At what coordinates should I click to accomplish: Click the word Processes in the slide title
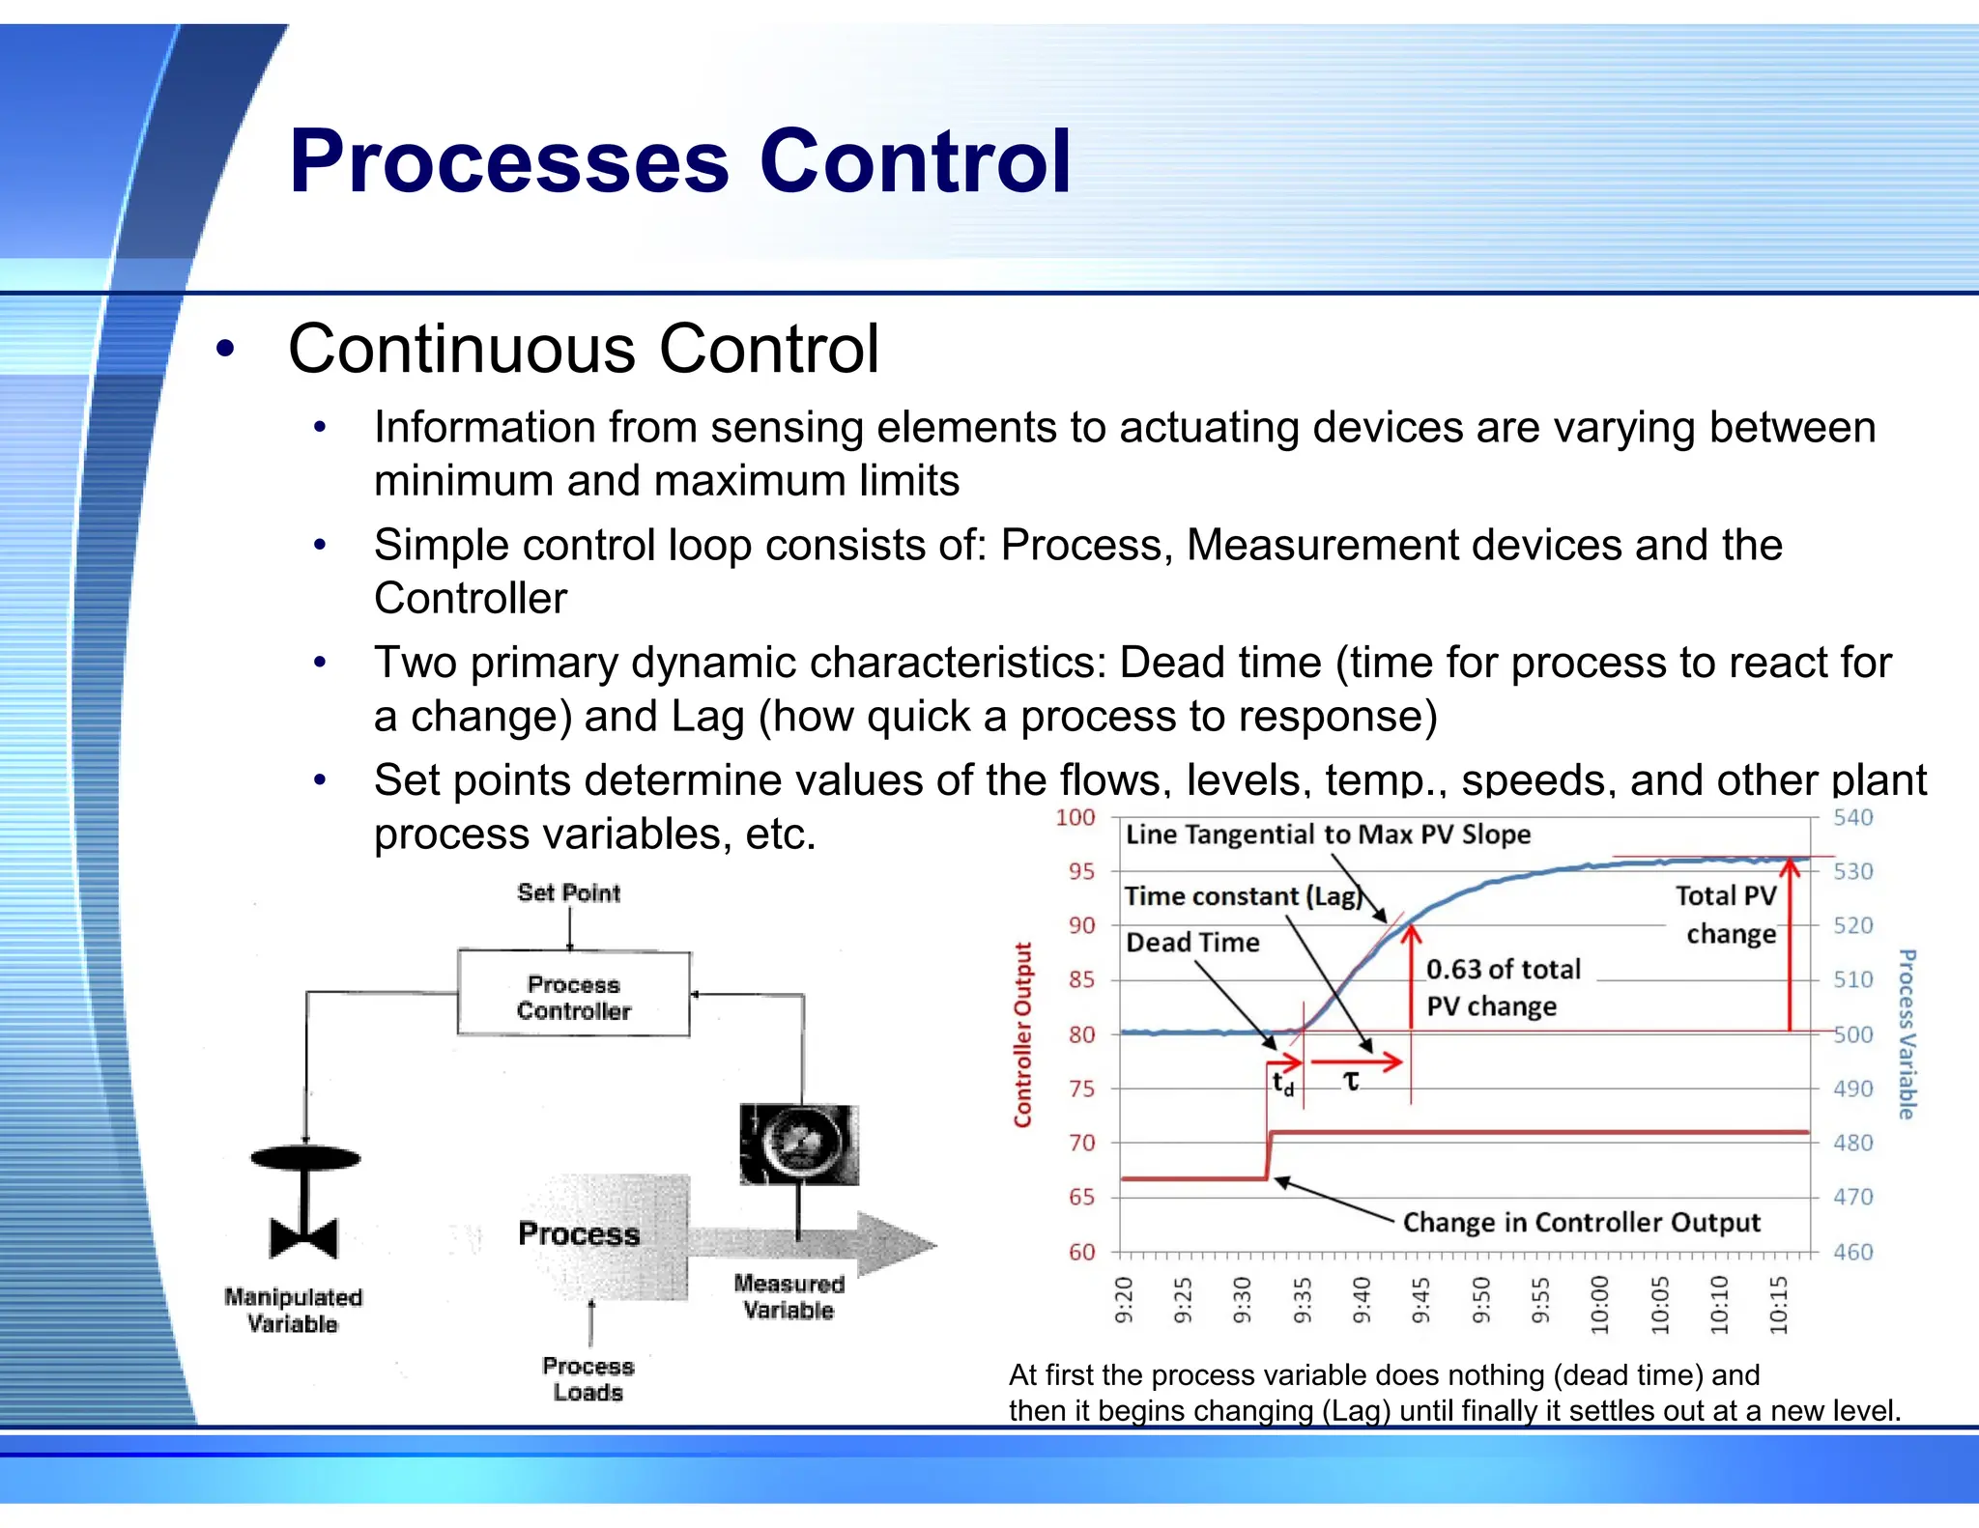click(508, 161)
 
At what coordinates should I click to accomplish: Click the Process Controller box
click(573, 995)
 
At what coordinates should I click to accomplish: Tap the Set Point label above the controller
click(568, 892)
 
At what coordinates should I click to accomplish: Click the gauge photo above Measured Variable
click(798, 1145)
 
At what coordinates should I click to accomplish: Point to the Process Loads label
click(588, 1378)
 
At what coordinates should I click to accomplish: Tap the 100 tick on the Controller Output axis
click(1075, 818)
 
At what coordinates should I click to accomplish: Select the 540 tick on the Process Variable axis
click(1852, 818)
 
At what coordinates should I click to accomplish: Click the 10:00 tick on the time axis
click(1600, 1304)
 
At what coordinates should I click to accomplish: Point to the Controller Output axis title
click(1022, 1034)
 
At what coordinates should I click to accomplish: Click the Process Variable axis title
click(1906, 1034)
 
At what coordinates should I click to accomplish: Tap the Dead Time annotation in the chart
click(1192, 943)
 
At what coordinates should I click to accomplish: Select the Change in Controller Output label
click(1581, 1223)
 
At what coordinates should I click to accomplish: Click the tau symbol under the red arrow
click(1351, 1082)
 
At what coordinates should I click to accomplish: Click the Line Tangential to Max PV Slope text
click(1328, 835)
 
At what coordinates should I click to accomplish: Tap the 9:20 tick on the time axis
click(1123, 1299)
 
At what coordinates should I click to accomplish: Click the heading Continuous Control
click(584, 350)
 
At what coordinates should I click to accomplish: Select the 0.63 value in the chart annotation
click(1452, 970)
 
